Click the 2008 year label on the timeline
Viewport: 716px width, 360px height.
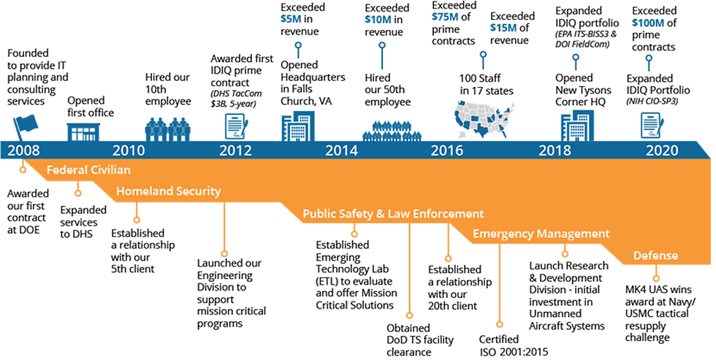(x=24, y=151)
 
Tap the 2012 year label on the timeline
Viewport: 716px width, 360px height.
(x=235, y=151)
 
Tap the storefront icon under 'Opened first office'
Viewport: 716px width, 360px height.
(x=85, y=132)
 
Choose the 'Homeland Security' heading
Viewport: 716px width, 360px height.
(x=168, y=192)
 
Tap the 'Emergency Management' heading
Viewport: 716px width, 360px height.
(x=541, y=234)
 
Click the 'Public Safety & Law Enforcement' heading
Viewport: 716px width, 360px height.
(x=393, y=213)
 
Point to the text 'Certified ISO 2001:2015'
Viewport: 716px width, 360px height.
(x=505, y=345)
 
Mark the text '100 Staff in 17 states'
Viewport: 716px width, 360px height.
(x=487, y=83)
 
